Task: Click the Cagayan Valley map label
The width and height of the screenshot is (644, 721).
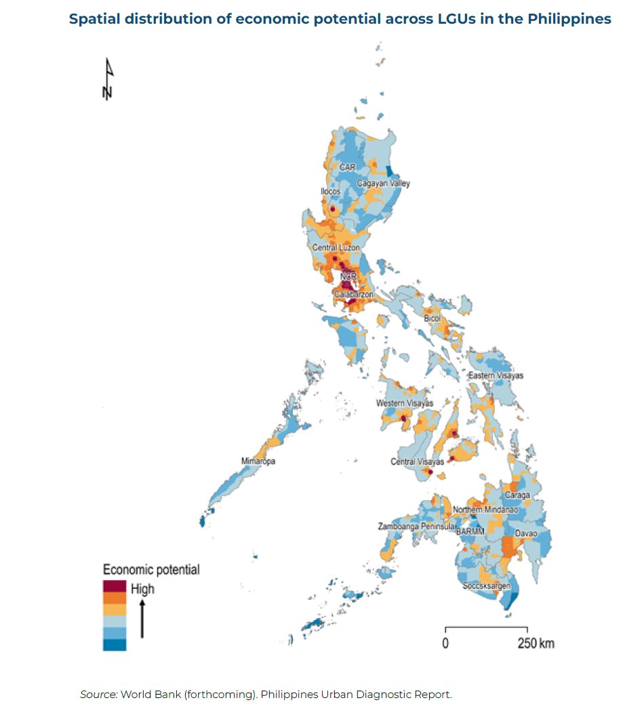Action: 383,184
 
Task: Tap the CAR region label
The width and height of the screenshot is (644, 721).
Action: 348,167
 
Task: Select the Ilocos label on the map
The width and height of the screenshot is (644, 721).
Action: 330,192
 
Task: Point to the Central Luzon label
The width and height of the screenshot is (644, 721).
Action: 336,248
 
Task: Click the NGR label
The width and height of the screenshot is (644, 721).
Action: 348,276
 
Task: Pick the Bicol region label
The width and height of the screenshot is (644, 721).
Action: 432,318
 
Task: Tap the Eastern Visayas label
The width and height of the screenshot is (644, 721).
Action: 496,375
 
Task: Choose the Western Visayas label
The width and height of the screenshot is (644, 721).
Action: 405,404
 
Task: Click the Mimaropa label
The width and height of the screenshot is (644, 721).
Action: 258,461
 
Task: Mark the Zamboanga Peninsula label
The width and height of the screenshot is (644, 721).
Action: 416,527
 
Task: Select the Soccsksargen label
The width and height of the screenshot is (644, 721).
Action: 486,585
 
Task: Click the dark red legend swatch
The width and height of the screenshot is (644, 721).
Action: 115,585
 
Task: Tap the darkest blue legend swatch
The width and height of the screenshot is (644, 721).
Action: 115,644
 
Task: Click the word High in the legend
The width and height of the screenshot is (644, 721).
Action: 142,589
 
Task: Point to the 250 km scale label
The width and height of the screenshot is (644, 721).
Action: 536,642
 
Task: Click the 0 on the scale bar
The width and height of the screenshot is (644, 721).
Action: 445,642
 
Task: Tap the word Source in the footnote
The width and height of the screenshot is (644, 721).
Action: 98,695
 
